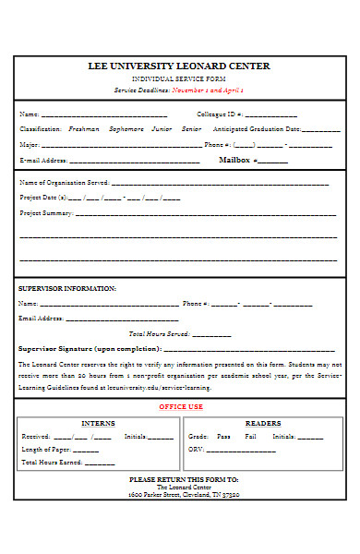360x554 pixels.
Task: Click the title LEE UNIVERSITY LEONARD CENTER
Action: pyautogui.click(x=179, y=66)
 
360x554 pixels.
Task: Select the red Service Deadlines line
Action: pyautogui.click(x=178, y=90)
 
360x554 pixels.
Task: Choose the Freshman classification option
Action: pyautogui.click(x=84, y=129)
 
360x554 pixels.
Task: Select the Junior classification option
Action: pyautogui.click(x=162, y=129)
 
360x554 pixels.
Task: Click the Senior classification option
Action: pyautogui.click(x=191, y=129)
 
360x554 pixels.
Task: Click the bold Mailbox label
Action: pyautogui.click(x=234, y=160)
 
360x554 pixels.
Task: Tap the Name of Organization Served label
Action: pyautogui.click(x=65, y=183)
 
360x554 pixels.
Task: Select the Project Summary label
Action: pyautogui.click(x=46, y=213)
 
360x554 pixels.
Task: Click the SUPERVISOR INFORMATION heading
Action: pyautogui.click(x=67, y=289)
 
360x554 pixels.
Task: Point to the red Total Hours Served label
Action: pyautogui.click(x=159, y=333)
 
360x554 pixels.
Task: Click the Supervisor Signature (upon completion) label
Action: pyautogui.click(x=90, y=349)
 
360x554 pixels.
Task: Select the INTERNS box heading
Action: pyautogui.click(x=99, y=423)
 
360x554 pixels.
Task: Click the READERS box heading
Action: pyautogui.click(x=263, y=423)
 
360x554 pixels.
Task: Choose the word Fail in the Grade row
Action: pyautogui.click(x=250, y=436)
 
